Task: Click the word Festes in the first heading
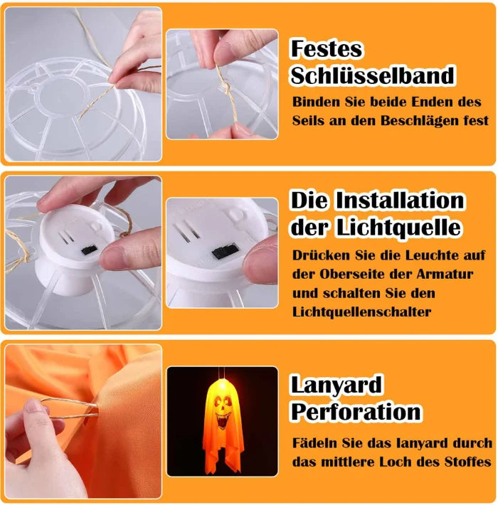point(327,49)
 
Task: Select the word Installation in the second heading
point(401,200)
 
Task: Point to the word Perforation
point(356,412)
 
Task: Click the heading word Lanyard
point(337,385)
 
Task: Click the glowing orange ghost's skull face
point(223,410)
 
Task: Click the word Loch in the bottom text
point(403,462)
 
